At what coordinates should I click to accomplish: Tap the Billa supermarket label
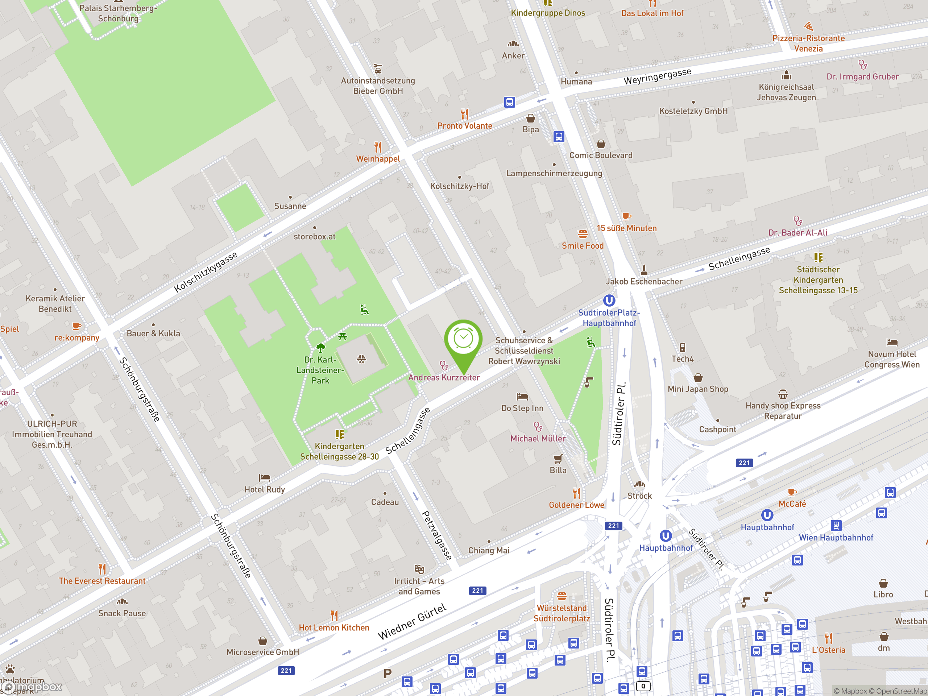tap(558, 470)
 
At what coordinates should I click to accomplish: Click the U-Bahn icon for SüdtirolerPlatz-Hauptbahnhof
tap(609, 301)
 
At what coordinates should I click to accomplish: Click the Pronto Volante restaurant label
tap(464, 125)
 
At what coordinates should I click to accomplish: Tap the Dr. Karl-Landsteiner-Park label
tap(320, 370)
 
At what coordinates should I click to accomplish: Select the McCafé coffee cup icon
tap(792, 492)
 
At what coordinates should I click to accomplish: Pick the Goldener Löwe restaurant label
tap(576, 505)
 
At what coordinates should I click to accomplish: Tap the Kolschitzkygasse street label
tap(206, 272)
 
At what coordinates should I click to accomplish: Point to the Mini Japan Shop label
tap(698, 389)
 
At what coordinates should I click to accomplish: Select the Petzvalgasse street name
tap(437, 535)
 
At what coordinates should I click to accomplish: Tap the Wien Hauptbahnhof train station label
tap(836, 538)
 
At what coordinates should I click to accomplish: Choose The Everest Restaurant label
tap(102, 581)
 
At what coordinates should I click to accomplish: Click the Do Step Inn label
tap(522, 408)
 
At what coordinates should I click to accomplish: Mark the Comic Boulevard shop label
tap(600, 155)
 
